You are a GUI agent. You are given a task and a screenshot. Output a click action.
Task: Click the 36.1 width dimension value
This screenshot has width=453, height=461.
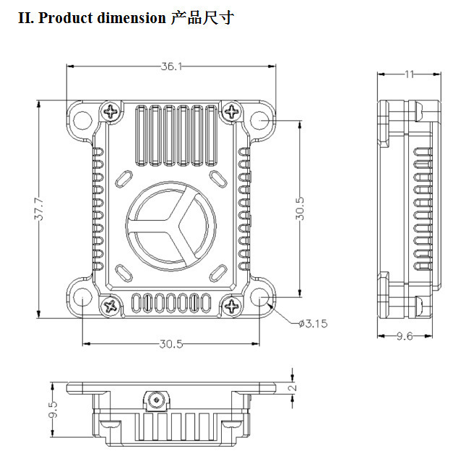point(171,66)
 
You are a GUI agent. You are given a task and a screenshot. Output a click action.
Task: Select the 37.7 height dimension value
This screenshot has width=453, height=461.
point(39,209)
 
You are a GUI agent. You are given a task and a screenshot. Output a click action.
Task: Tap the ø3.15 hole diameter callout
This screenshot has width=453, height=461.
point(313,324)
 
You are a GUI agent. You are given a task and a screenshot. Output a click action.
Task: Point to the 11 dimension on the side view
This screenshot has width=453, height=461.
point(410,74)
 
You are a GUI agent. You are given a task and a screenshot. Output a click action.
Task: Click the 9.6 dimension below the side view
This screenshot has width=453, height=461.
point(405,335)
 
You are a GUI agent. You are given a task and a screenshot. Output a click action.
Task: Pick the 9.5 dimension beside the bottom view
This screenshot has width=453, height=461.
point(53,410)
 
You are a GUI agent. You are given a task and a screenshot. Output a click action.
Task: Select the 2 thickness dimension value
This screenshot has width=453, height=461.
point(293,387)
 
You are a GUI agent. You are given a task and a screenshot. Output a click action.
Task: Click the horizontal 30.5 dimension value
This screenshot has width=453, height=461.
point(171,343)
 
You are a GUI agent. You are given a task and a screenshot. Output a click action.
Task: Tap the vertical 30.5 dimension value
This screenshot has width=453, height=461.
point(300,208)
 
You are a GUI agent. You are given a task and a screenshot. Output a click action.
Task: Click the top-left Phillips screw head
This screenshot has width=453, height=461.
point(111,111)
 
